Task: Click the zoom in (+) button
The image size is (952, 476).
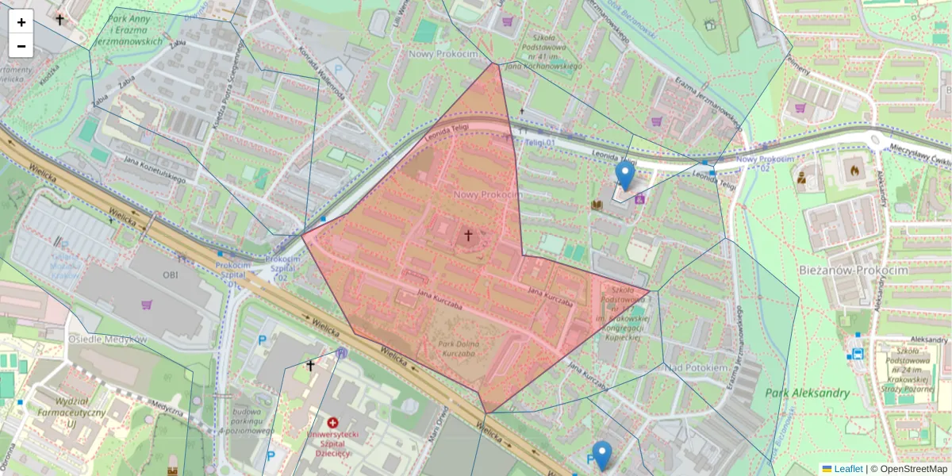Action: [21, 22]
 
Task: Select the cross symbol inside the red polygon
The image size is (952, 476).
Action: [468, 236]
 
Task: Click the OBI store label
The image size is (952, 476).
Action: [170, 274]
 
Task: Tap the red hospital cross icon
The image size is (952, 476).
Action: [332, 423]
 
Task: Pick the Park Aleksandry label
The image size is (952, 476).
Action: [808, 393]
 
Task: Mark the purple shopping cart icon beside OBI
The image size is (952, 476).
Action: [146, 305]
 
